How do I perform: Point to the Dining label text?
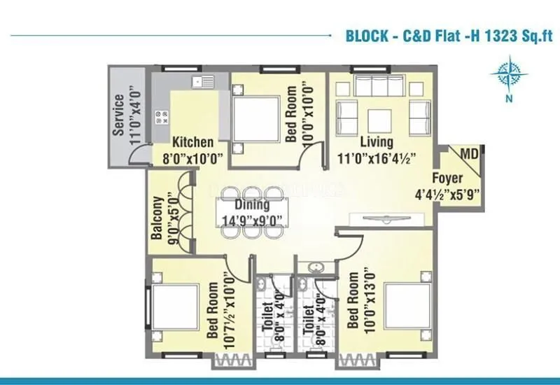(x=252, y=205)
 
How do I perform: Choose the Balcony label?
(x=157, y=218)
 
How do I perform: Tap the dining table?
(x=252, y=213)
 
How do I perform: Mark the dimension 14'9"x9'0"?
(x=252, y=220)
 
